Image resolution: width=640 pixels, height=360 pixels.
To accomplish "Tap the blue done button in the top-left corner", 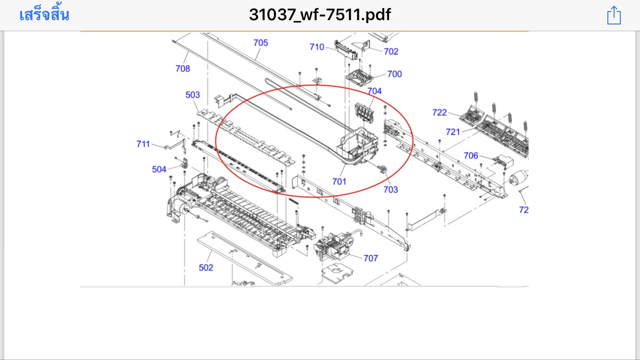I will coord(44,15).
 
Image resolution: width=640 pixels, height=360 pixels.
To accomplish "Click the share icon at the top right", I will coord(614,15).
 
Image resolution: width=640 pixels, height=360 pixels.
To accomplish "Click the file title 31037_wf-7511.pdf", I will coord(320,15).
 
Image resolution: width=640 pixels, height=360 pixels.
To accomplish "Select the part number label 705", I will coord(261,43).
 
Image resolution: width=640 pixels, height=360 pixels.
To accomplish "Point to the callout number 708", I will coord(182,69).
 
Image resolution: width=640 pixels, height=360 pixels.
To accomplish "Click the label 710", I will coord(317,47).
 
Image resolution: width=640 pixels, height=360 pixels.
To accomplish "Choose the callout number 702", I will coord(391,51).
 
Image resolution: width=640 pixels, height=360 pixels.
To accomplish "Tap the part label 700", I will coord(394,74).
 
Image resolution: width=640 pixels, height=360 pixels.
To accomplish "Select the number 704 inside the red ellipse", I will coord(375,91).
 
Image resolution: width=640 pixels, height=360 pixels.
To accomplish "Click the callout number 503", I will coord(192,95).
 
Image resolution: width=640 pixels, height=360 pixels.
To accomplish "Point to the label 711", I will coord(143,144).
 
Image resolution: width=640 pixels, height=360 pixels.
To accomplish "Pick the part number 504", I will coord(159,169).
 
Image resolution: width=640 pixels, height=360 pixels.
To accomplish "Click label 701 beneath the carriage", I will coord(339,181).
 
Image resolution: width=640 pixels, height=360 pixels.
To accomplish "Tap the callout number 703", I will coord(391,190).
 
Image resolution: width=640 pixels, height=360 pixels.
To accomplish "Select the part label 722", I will coord(439,112).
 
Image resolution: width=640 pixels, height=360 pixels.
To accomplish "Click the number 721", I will coord(453,132).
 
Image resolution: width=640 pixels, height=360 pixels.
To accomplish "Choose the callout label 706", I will coord(471,156).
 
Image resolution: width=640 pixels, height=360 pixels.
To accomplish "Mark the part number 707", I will coord(370,258).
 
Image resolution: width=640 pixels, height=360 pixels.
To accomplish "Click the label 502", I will coord(206,268).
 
